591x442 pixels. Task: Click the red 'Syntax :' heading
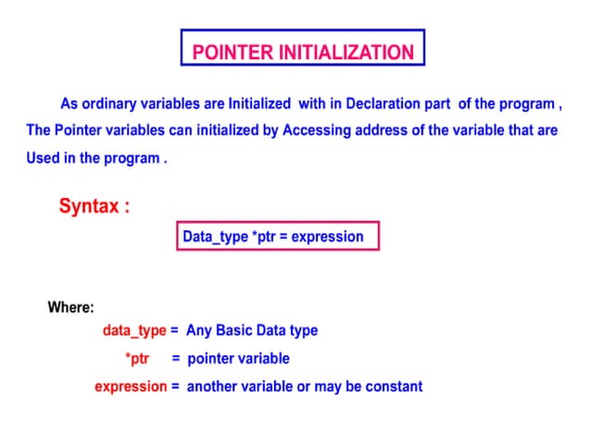point(94,206)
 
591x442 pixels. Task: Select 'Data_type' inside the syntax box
point(215,237)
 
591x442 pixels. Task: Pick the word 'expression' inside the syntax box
point(328,237)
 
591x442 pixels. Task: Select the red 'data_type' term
point(134,330)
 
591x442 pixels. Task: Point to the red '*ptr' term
point(137,358)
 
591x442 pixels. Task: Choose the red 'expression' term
point(131,387)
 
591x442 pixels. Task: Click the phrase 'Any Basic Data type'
point(252,330)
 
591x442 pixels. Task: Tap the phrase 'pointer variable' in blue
point(238,358)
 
